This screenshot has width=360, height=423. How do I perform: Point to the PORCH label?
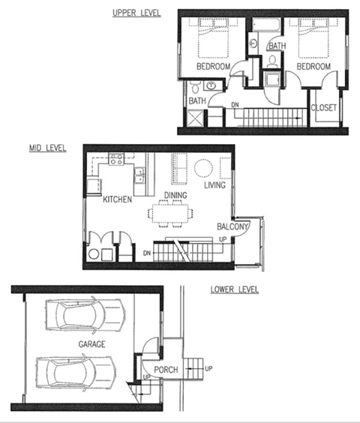[166, 370]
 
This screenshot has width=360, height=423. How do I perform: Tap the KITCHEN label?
[118, 199]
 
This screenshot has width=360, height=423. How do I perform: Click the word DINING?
[175, 196]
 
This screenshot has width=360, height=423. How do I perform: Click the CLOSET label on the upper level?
[323, 106]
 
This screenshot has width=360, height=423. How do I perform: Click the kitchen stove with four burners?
[116, 158]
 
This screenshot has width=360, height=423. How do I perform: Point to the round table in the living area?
[204, 167]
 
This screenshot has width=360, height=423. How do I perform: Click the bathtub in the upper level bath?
[264, 28]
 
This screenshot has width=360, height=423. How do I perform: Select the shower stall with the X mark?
[196, 118]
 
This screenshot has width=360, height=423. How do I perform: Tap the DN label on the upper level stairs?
[235, 105]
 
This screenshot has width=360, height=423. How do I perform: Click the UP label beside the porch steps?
[208, 369]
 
